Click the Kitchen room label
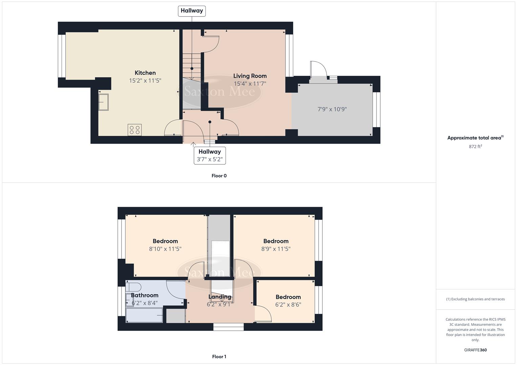click(145, 73)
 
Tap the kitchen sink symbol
click(103, 102)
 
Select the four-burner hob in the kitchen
click(134, 130)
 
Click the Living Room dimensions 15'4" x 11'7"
click(250, 83)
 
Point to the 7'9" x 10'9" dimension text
click(332, 109)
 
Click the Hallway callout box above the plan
click(192, 11)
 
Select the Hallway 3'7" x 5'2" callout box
click(210, 155)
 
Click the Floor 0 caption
click(219, 176)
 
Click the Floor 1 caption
click(219, 357)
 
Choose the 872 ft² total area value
click(475, 146)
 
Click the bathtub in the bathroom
click(145, 315)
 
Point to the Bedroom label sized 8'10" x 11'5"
click(165, 241)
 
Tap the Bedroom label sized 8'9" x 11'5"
click(276, 241)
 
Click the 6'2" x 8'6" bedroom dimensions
click(288, 304)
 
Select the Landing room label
click(220, 297)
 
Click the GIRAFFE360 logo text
click(475, 350)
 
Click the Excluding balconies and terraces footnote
click(475, 299)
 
